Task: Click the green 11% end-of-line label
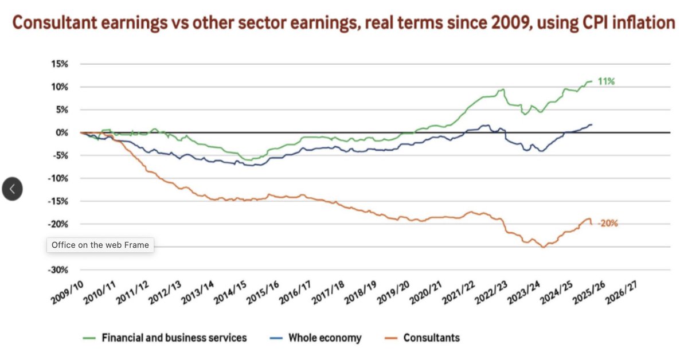606,82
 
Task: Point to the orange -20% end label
608,224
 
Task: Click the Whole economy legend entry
325,338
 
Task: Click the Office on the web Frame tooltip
100,245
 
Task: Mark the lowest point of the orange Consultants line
542,247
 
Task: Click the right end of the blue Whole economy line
592,124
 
